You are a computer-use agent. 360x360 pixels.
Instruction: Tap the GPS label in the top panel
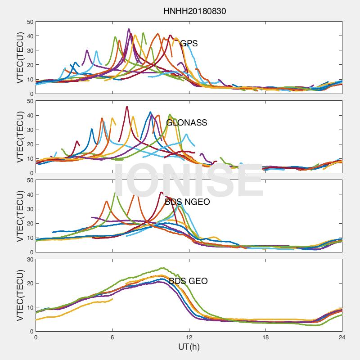(189, 44)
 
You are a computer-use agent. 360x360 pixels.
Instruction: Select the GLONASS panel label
(187, 123)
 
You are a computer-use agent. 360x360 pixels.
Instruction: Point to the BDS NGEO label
(187, 202)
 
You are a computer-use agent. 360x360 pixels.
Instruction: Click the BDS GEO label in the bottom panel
(188, 281)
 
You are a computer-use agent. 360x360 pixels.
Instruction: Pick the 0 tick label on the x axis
(36, 337)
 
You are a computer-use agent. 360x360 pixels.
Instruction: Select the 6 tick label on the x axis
(112, 337)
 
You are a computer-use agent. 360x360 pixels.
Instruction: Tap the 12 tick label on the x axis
(189, 337)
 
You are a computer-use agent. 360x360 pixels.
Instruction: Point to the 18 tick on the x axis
(265, 337)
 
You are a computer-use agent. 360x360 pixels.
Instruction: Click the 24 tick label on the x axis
(342, 337)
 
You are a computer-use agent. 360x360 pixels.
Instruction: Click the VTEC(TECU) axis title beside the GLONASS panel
(20, 137)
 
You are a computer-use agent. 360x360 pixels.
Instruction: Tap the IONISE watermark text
(189, 180)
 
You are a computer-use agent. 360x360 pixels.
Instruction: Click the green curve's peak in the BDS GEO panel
(162, 268)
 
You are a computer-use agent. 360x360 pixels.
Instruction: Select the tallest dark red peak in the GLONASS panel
(127, 107)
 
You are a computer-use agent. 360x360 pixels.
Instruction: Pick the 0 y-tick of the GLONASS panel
(31, 173)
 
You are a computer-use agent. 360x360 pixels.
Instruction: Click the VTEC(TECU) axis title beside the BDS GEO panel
(20, 295)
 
